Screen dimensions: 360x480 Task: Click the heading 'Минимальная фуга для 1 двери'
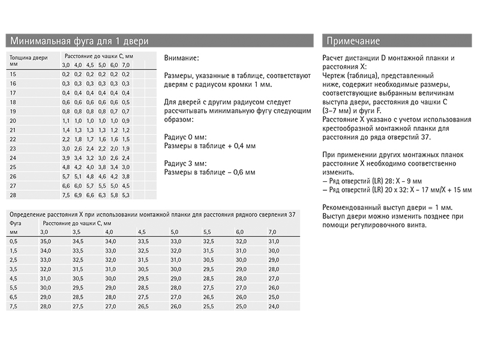tap(79, 41)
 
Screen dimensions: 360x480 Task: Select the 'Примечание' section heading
tap(354, 41)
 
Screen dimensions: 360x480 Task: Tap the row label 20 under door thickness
tap(14, 121)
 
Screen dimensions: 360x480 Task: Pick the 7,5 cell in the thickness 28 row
tap(66, 195)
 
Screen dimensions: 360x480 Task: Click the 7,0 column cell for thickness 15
tap(125, 74)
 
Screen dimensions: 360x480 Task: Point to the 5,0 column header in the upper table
tap(102, 65)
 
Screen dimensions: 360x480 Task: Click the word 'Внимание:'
tap(181, 58)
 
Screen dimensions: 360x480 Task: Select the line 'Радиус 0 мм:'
tap(184, 137)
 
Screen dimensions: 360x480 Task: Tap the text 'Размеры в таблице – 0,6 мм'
tap(209, 172)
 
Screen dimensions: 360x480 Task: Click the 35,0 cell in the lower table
tap(45, 241)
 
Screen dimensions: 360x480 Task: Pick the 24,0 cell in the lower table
tap(274, 307)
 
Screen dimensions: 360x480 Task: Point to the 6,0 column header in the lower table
tap(240, 232)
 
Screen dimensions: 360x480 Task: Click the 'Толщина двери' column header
tap(27, 58)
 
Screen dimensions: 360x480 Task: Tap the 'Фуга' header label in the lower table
tap(16, 223)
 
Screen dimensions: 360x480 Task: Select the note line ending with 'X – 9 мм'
tap(372, 181)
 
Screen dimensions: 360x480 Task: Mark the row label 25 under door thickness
tap(14, 167)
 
